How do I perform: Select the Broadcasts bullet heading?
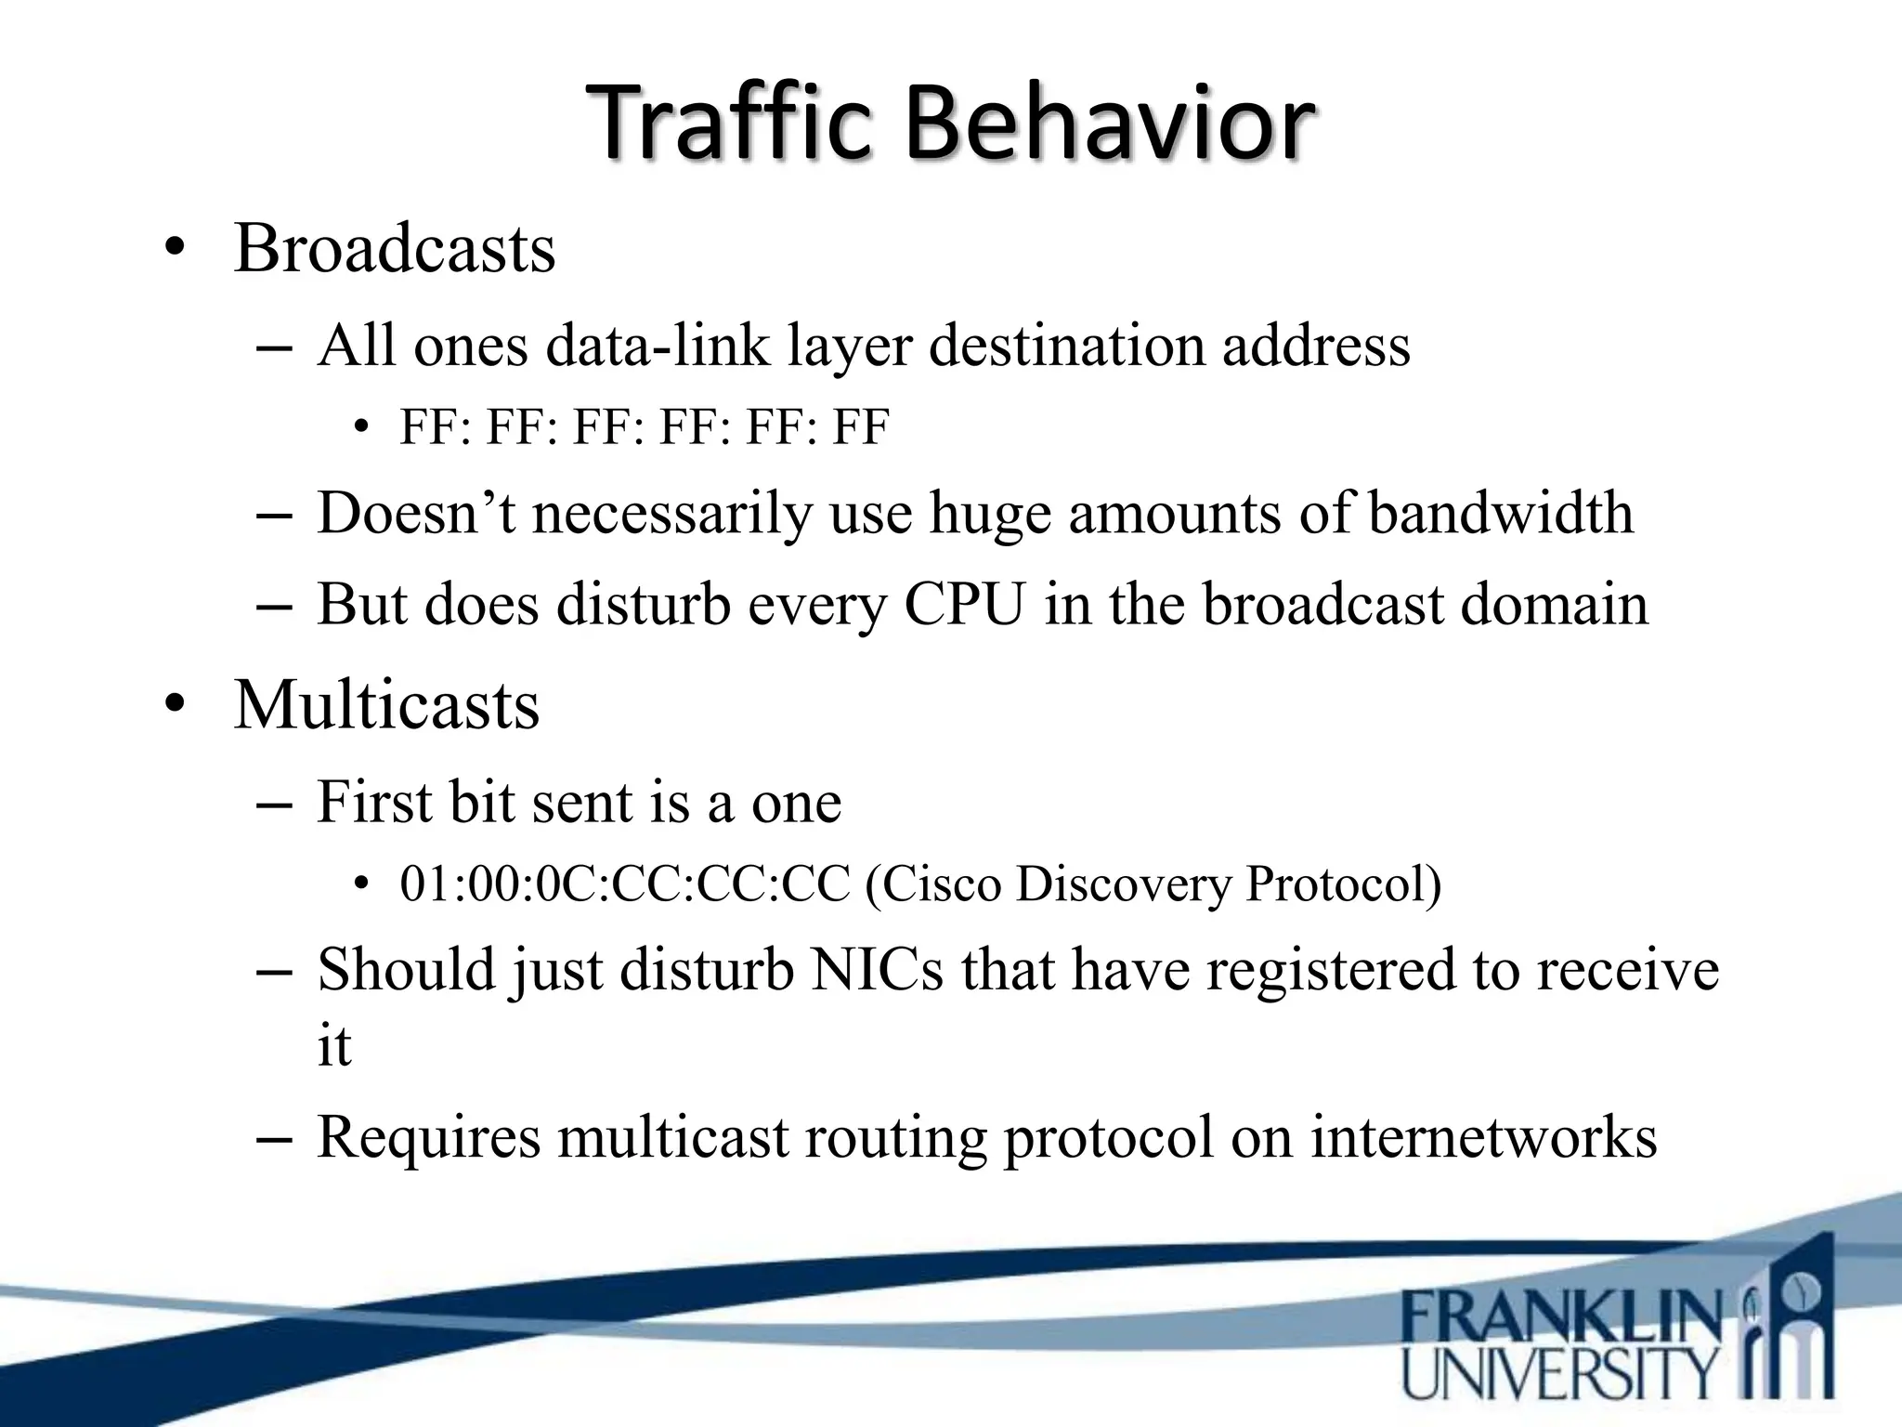394,249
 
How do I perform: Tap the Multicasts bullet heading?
386,705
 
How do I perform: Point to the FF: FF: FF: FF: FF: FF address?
644,428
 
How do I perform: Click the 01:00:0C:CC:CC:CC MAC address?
624,884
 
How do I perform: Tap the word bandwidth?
1500,513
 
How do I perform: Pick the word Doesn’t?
415,513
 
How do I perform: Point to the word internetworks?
1483,1137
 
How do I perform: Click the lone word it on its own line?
333,1046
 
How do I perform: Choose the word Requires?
428,1137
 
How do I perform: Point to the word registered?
1330,970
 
